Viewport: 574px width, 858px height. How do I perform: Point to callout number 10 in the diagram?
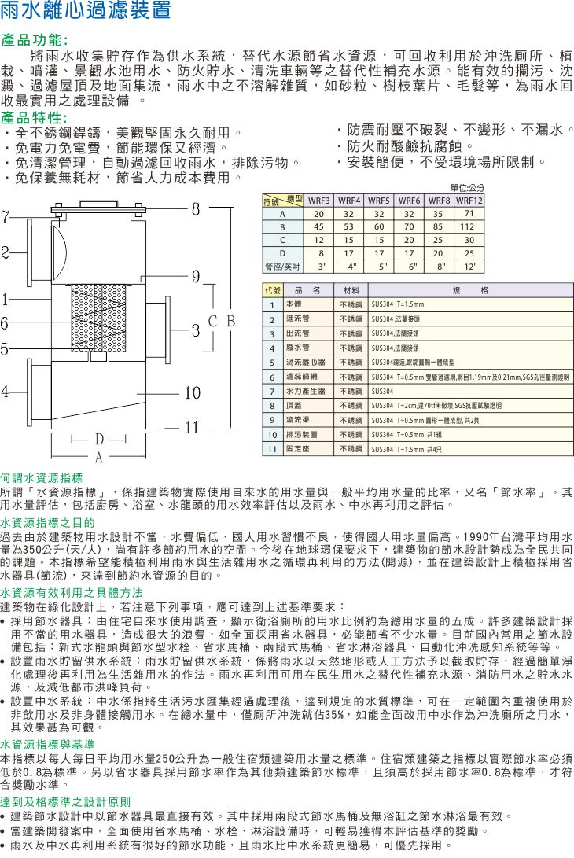click(193, 392)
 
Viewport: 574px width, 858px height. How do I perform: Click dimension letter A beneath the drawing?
click(100, 457)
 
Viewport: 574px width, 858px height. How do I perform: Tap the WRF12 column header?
click(469, 201)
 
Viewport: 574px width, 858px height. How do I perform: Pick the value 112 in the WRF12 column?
click(469, 226)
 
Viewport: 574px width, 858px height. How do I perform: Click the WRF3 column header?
click(318, 201)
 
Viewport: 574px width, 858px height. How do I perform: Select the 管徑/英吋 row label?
click(281, 266)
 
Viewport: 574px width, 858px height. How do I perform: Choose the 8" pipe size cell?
click(438, 266)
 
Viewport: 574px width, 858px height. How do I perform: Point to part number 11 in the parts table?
click(271, 448)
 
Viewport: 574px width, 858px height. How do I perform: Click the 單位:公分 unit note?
click(467, 189)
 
